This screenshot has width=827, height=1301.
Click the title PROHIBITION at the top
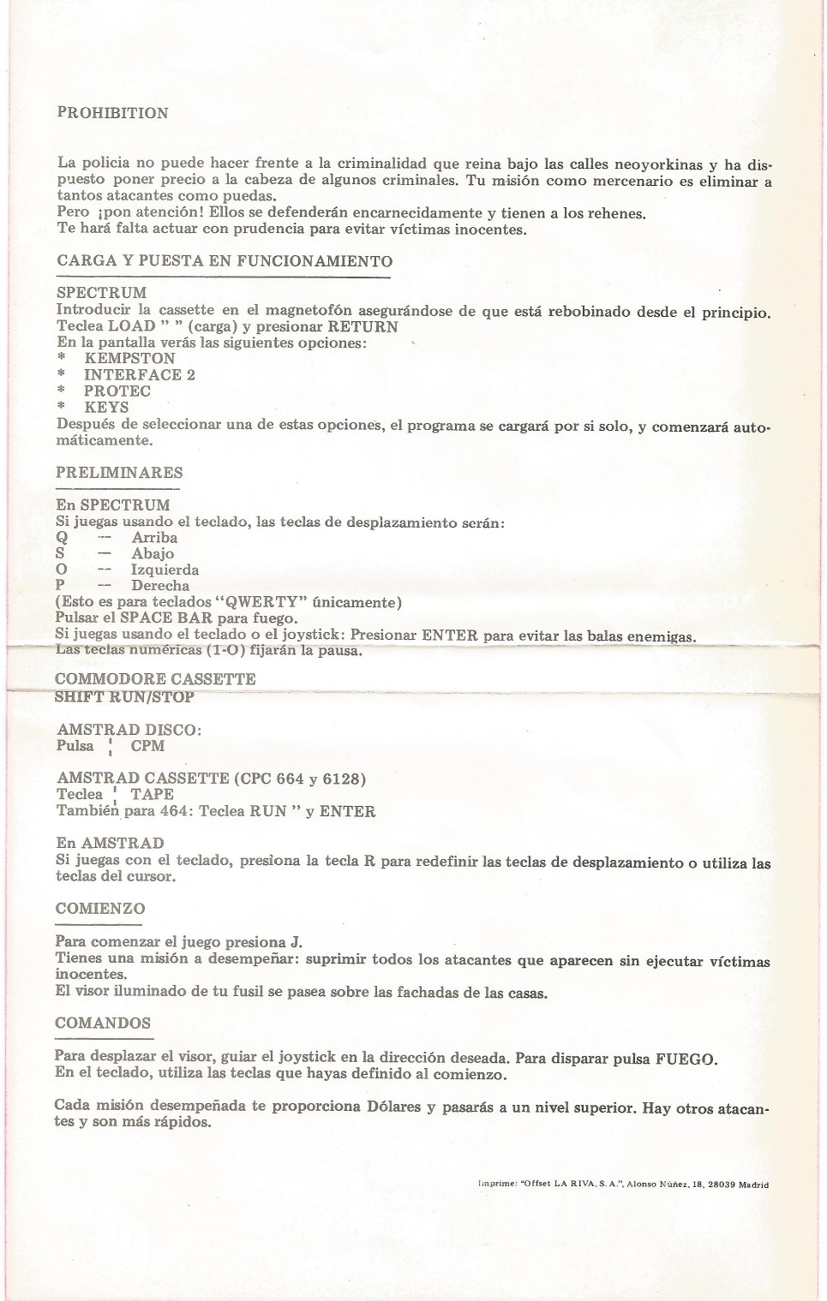(112, 113)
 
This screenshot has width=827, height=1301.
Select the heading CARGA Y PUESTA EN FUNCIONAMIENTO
(225, 261)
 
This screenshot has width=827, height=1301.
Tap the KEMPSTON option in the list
(129, 359)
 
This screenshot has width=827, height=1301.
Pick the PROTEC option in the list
(117, 391)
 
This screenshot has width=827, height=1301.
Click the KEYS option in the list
(106, 408)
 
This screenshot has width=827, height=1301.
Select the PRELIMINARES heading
(119, 473)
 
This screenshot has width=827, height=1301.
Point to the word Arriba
(154, 538)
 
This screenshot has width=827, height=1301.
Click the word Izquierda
(165, 570)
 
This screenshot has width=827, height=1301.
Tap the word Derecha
(160, 587)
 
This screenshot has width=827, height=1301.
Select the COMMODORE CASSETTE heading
(155, 679)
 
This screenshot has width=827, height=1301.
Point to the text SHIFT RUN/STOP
(124, 697)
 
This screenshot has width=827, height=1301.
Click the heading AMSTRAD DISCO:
(129, 730)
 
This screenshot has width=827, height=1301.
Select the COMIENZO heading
(100, 909)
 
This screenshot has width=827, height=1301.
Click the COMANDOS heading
(103, 1023)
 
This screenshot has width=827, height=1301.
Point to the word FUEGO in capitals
(685, 1059)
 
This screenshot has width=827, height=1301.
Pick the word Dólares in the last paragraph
(394, 1107)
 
